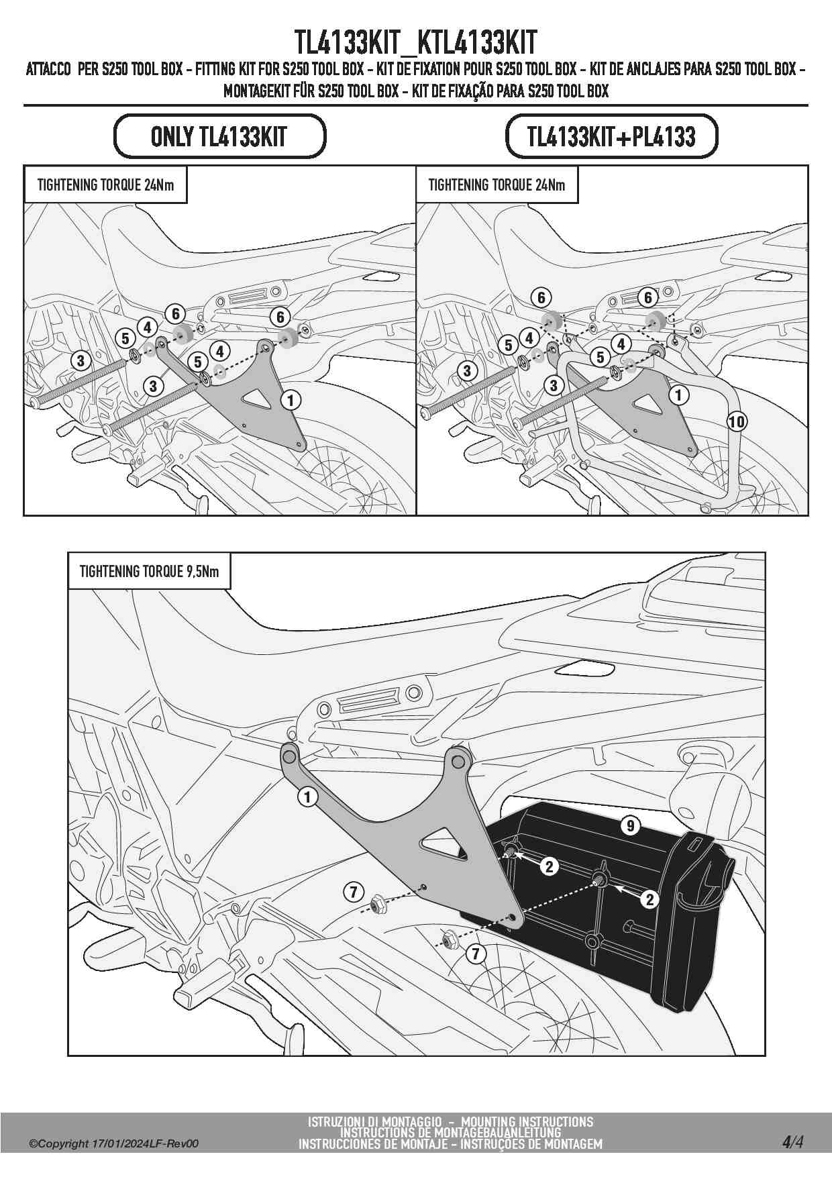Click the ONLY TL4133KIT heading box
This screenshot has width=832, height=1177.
click(219, 136)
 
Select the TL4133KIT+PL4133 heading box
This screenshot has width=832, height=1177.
click(611, 136)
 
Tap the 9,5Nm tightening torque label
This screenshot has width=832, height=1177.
click(149, 571)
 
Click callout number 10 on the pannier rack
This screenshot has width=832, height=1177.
click(737, 421)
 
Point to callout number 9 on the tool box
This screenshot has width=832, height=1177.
click(630, 825)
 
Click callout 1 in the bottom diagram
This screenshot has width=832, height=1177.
click(307, 797)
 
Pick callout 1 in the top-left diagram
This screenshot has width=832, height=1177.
click(291, 401)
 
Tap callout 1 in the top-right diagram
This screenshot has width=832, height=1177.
click(679, 395)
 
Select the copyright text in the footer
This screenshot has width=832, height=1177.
click(113, 1144)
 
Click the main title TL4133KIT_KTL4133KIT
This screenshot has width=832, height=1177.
click(416, 42)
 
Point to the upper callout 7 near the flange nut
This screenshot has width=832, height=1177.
click(353, 892)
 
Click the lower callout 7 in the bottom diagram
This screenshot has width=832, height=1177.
click(476, 953)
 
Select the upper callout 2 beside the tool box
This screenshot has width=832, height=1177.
click(550, 866)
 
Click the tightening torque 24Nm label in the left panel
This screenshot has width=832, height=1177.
click(105, 185)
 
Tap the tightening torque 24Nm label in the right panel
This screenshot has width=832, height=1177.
click(497, 185)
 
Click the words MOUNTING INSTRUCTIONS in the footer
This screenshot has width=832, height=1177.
click(527, 1121)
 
